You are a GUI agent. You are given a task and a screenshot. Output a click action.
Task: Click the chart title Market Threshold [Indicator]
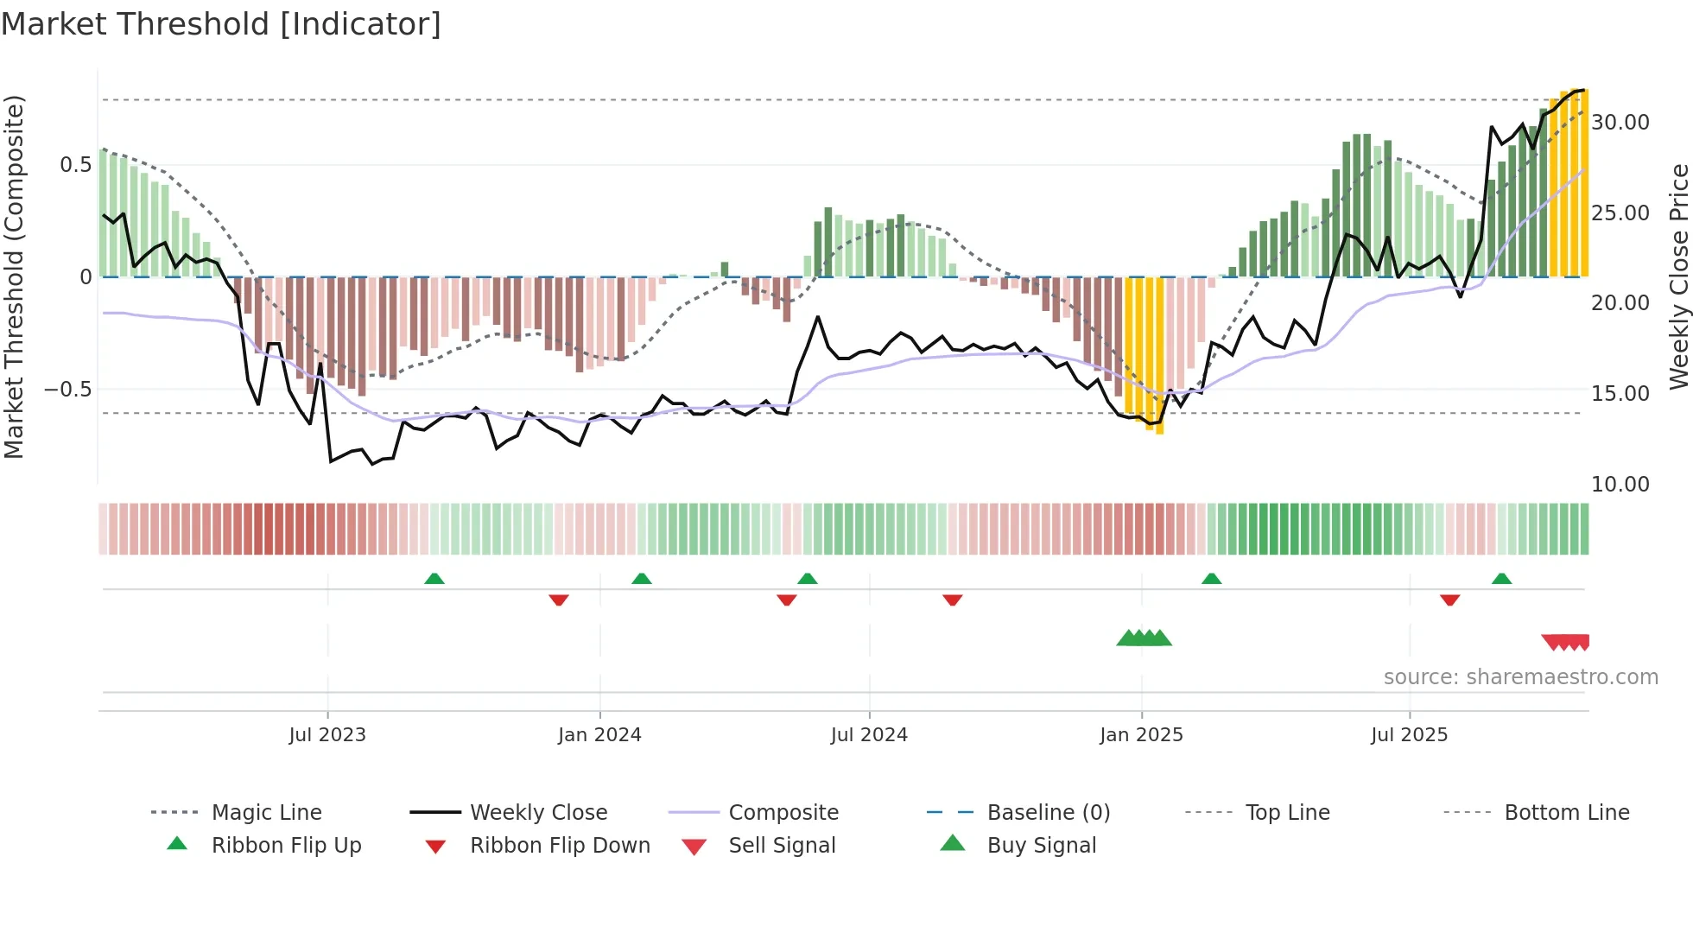click(x=221, y=24)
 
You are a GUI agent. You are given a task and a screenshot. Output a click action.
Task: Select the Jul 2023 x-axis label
click(x=327, y=735)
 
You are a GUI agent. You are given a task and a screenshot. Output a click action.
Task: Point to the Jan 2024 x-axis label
click(x=599, y=735)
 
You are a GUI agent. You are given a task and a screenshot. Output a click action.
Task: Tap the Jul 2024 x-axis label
click(x=869, y=735)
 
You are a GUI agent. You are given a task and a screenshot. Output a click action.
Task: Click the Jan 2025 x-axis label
click(x=1141, y=735)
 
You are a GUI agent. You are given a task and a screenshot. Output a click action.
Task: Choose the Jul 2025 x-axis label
click(x=1409, y=735)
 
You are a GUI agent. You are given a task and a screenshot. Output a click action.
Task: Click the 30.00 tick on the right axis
click(x=1620, y=123)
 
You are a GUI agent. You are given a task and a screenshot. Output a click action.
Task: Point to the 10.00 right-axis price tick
click(x=1620, y=485)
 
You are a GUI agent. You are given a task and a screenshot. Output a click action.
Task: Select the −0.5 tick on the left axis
click(x=68, y=390)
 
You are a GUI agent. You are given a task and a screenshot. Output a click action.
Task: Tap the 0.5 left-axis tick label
click(x=75, y=165)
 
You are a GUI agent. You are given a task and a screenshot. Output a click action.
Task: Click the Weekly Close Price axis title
click(x=1678, y=276)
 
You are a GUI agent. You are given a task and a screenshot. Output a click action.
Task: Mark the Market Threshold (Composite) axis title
click(x=14, y=276)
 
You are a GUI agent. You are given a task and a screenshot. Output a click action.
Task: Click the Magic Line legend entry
click(x=266, y=813)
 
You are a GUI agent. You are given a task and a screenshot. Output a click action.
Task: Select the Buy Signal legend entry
click(x=1041, y=846)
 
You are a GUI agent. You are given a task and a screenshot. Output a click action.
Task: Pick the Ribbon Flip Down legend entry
click(x=559, y=846)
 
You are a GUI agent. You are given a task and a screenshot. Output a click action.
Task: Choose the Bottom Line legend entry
click(x=1566, y=813)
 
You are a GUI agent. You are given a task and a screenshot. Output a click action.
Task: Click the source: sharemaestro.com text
click(x=1520, y=677)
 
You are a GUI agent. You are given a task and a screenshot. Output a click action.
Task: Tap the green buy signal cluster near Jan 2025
click(x=1144, y=638)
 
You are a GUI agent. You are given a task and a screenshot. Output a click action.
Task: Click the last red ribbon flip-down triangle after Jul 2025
click(x=1449, y=600)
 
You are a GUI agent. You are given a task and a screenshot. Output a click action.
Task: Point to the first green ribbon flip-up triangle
click(x=434, y=579)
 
